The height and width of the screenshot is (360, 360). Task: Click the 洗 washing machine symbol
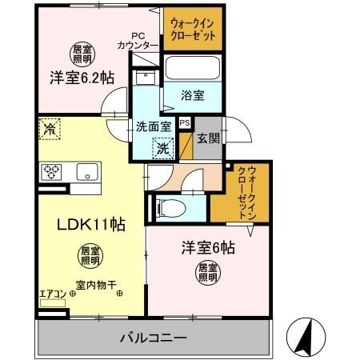click(x=162, y=147)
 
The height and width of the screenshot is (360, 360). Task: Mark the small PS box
click(x=185, y=123)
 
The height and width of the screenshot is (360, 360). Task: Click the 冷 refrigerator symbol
click(x=50, y=127)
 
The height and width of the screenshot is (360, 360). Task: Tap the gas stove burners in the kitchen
click(x=54, y=171)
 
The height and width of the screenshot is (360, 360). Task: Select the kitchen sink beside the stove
click(x=86, y=171)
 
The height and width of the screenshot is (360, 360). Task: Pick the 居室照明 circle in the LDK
click(x=89, y=255)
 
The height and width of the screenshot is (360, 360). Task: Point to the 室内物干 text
click(x=96, y=284)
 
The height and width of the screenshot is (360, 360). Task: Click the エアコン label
click(x=52, y=294)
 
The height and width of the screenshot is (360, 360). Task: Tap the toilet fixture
click(x=168, y=207)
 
